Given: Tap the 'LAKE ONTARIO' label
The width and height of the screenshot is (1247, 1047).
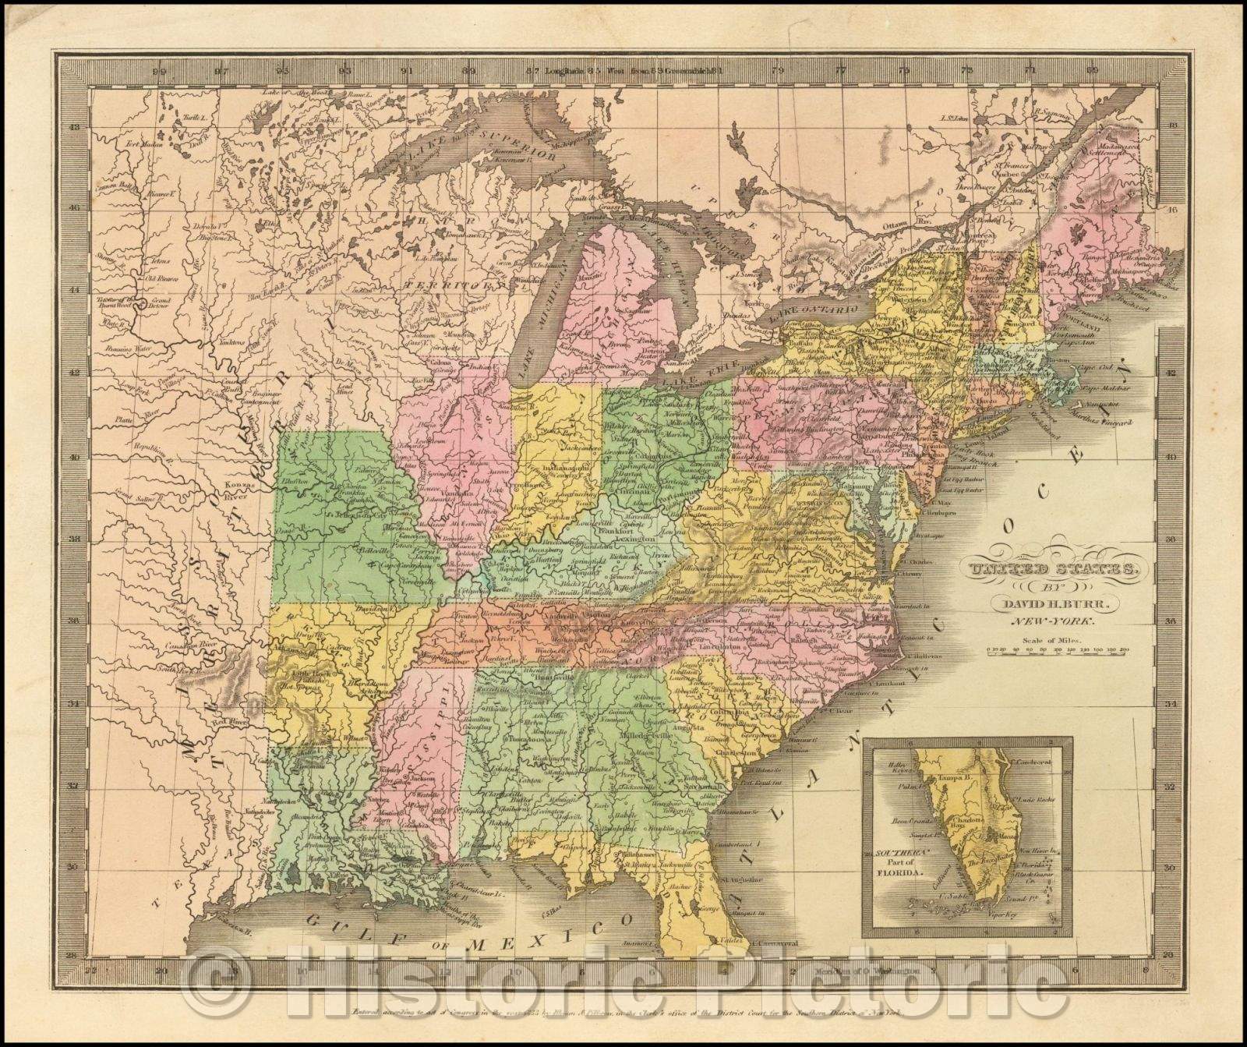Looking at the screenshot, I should point(807,313).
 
